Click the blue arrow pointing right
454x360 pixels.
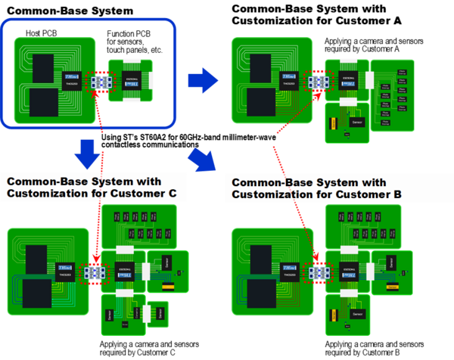pos(201,77)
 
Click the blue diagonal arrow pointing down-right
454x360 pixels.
pos(201,158)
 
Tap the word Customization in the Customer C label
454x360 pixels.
pos(43,194)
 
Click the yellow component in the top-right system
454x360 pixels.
pos(331,123)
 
